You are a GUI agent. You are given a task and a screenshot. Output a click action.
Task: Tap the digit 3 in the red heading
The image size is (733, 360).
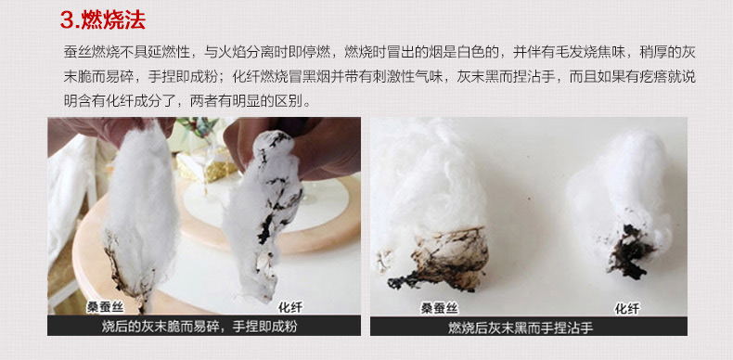[x=68, y=20]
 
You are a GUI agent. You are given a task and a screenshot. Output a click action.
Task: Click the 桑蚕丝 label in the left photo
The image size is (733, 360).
[x=105, y=307]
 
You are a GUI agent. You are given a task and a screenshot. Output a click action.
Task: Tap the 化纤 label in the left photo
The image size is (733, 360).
[x=289, y=307]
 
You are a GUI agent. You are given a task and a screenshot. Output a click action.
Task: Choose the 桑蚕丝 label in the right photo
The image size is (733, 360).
[x=440, y=308]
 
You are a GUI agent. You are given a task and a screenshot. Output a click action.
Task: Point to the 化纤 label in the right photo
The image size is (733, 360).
[x=627, y=308]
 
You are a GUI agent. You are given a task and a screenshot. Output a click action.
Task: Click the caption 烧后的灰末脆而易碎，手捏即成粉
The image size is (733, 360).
[x=199, y=326]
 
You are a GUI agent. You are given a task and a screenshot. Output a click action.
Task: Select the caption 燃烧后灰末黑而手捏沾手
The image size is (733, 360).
[x=521, y=328]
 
